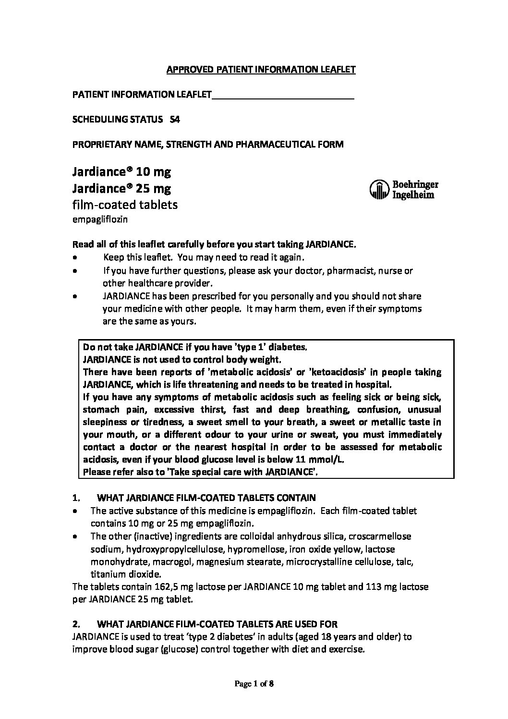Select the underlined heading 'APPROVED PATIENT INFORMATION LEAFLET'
click(x=261, y=70)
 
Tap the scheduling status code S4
click(x=175, y=120)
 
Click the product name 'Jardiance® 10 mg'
click(x=121, y=171)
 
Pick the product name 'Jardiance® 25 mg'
click(x=121, y=188)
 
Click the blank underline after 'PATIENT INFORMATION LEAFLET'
click(x=283, y=95)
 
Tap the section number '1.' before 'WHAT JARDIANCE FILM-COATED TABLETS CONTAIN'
click(x=75, y=498)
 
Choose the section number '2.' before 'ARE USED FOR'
click(x=75, y=624)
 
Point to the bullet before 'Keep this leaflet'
click(x=74, y=258)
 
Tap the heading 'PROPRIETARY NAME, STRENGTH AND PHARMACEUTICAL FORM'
click(x=207, y=145)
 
